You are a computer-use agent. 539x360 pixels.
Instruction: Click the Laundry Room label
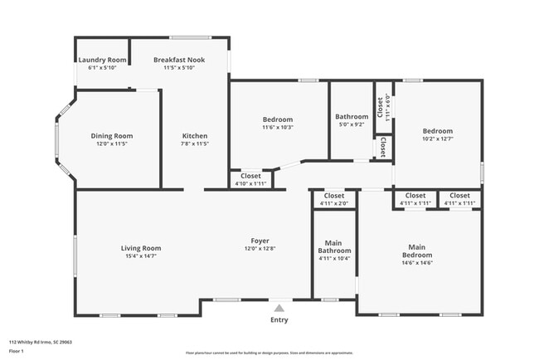102,60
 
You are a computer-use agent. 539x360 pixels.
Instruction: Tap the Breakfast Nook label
179,60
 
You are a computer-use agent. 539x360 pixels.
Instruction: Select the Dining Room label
112,136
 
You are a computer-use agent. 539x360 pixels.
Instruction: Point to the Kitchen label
195,136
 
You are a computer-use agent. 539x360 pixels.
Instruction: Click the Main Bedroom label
417,251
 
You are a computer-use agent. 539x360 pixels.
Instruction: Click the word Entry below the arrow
279,319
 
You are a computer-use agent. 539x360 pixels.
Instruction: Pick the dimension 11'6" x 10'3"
277,128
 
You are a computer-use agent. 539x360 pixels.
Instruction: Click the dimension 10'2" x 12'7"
437,139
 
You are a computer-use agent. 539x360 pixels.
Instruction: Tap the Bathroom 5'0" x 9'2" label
351,120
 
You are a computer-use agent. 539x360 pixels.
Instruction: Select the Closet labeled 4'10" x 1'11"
250,179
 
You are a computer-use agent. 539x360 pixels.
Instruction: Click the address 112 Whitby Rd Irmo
39,341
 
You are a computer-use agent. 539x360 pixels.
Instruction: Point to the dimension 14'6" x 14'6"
417,263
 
